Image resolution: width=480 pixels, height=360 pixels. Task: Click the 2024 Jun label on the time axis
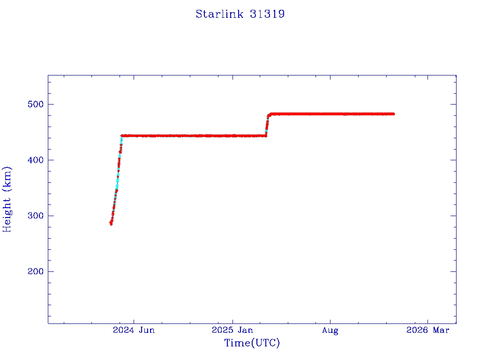(134, 330)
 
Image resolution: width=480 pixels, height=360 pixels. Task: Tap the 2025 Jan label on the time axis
(232, 330)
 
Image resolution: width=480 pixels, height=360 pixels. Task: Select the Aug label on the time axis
(330, 330)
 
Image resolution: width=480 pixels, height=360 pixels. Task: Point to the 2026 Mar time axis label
(427, 330)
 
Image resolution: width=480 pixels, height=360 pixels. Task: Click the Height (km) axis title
(7, 199)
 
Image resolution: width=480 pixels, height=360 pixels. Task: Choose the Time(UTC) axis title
(252, 343)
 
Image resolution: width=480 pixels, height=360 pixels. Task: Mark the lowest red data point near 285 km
(111, 223)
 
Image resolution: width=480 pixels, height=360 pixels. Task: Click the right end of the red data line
(394, 114)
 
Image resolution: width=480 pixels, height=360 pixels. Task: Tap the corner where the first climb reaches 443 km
(122, 136)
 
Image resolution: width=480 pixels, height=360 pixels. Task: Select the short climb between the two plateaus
(267, 124)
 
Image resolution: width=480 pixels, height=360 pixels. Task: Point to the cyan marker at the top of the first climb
(121, 140)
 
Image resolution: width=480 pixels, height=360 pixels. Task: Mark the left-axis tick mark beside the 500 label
(50, 104)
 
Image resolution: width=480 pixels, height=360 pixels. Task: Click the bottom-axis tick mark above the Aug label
(330, 321)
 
